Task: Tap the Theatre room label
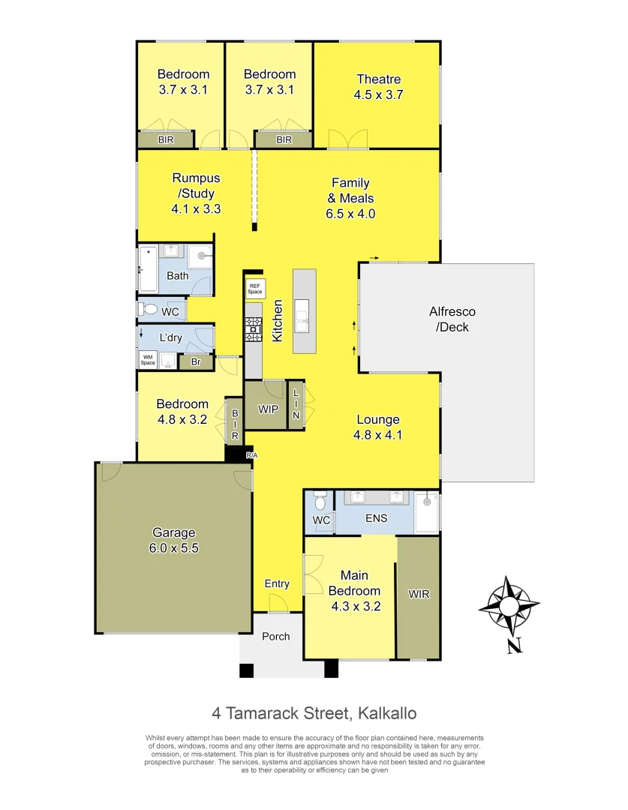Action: [378, 79]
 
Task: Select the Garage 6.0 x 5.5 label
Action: [173, 540]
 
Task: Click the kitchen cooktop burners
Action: [253, 327]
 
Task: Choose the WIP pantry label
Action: [268, 409]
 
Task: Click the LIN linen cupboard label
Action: [296, 405]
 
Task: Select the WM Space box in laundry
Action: [147, 361]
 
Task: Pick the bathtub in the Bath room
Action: [148, 270]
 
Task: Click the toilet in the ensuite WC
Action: [320, 501]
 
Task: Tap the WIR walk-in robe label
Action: [419, 595]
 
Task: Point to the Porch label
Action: [275, 637]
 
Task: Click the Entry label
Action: [277, 584]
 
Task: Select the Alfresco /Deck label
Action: [452, 319]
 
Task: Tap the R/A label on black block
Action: [252, 455]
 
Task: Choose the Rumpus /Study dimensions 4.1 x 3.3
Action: [196, 209]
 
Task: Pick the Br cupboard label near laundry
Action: [196, 362]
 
